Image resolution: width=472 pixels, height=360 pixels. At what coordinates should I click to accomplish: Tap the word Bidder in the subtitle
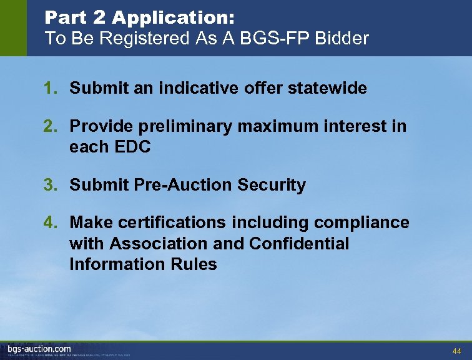tap(342, 38)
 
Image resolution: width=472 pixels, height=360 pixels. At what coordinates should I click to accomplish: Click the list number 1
tap(49, 89)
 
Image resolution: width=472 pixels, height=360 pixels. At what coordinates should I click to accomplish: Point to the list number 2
tap(49, 127)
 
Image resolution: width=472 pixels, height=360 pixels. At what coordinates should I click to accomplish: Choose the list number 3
tap(49, 185)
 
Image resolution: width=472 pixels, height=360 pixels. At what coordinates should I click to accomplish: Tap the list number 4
tap(49, 222)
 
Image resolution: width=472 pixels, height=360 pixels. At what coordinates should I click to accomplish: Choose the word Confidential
tap(299, 243)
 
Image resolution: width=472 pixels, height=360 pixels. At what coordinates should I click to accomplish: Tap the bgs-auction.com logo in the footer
tap(39, 349)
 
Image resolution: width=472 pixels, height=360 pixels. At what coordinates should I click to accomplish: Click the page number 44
tap(456, 351)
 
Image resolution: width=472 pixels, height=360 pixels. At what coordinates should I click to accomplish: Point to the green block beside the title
tap(13, 28)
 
